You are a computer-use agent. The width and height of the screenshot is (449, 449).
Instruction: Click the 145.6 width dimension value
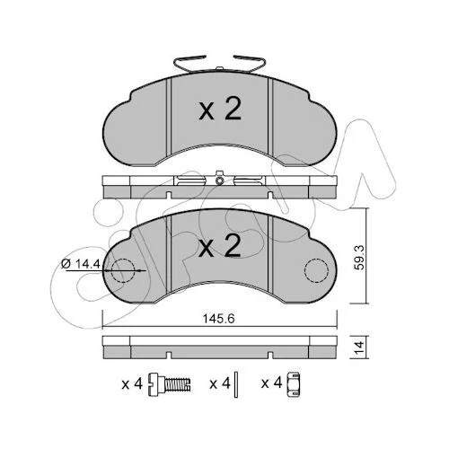click(219, 319)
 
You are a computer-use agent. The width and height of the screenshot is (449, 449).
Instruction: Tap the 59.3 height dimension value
click(359, 258)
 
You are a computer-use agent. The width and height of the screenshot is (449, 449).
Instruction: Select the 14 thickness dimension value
click(359, 347)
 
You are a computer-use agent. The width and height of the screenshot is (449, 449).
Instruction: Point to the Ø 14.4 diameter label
click(80, 264)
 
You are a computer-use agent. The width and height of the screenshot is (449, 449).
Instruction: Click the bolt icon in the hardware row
click(170, 384)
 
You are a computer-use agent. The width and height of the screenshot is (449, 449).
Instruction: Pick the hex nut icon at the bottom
click(294, 384)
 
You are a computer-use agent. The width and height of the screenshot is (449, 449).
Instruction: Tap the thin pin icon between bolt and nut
click(236, 384)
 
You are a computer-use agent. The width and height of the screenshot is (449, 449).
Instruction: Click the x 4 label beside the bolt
click(132, 383)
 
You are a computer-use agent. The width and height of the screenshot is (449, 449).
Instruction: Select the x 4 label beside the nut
click(272, 383)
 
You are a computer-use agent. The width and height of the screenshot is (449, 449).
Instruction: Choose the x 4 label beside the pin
click(220, 383)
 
